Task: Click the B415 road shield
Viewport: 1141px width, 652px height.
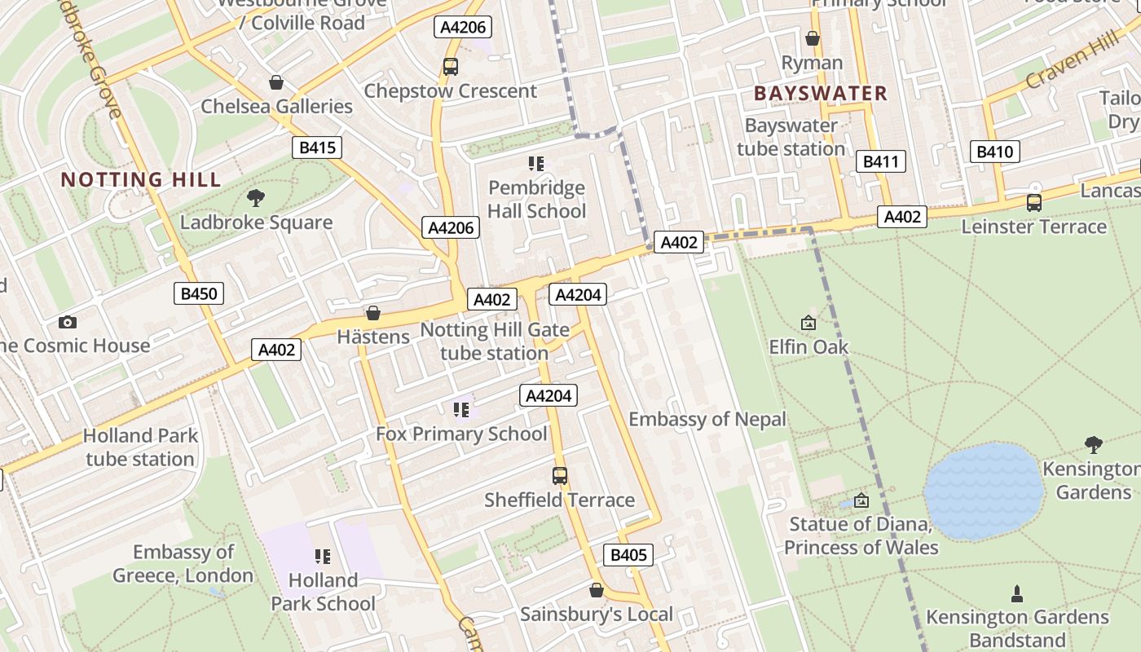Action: click(317, 148)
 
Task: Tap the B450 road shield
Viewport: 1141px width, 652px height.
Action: click(199, 293)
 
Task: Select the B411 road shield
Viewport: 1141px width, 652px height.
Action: click(881, 161)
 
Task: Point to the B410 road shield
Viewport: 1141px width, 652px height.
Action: click(994, 152)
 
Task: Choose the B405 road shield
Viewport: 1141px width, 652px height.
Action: click(628, 555)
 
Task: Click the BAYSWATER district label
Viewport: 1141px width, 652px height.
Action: click(820, 93)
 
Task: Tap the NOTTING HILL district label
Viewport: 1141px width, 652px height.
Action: click(141, 179)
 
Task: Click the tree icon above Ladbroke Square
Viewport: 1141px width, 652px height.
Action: click(256, 197)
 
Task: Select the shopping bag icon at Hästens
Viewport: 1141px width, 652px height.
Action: click(373, 313)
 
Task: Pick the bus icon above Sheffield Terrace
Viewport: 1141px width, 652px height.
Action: click(560, 475)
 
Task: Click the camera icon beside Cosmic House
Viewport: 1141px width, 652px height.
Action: click(68, 322)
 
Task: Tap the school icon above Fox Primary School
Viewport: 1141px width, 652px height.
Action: click(461, 409)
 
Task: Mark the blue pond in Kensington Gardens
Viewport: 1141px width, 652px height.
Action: click(984, 491)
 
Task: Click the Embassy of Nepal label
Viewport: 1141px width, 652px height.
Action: click(707, 420)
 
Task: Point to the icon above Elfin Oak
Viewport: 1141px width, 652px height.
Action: click(808, 323)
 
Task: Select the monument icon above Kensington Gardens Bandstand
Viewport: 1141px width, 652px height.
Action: click(1017, 593)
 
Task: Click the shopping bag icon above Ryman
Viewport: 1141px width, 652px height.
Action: click(812, 38)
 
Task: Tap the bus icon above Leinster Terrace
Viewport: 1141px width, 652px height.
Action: click(1033, 202)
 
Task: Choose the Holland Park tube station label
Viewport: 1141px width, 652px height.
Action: click(140, 447)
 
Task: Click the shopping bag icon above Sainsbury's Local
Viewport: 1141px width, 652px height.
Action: click(597, 590)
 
